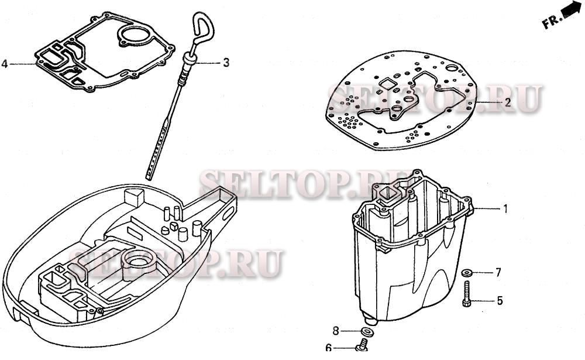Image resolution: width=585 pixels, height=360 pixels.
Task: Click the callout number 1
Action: click(x=505, y=209)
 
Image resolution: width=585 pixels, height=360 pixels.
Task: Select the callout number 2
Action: click(x=508, y=102)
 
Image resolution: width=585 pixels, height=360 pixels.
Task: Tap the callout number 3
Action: click(x=226, y=63)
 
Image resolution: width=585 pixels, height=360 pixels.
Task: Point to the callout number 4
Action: click(x=5, y=64)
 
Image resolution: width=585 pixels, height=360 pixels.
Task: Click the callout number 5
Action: click(x=500, y=301)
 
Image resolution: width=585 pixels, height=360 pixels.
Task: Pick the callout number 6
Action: click(x=328, y=348)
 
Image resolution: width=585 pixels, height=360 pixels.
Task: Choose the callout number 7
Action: click(x=498, y=273)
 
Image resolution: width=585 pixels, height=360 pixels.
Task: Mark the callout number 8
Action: click(x=336, y=331)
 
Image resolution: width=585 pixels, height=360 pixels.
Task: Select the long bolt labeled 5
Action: click(x=466, y=294)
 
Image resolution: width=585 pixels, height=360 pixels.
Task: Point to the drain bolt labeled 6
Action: click(x=362, y=345)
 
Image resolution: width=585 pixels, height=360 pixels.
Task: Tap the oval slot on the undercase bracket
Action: click(x=227, y=214)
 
